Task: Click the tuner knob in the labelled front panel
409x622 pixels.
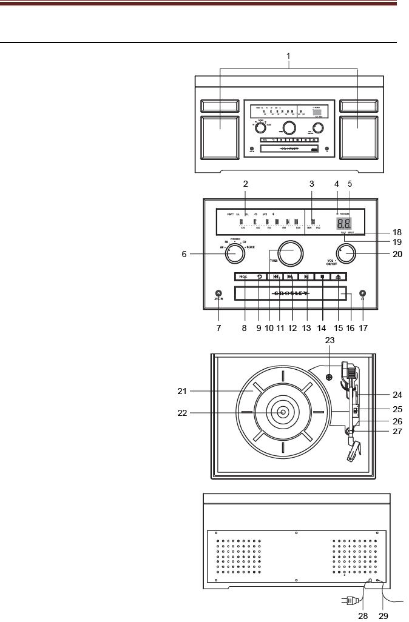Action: (x=289, y=253)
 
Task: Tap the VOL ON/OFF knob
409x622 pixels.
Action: (x=346, y=254)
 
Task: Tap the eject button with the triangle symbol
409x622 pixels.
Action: (x=339, y=277)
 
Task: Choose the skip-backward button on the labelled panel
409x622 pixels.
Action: (x=275, y=277)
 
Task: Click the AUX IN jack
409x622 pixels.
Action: (x=219, y=293)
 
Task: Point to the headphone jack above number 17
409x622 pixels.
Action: (x=362, y=293)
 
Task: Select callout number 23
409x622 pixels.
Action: (x=330, y=341)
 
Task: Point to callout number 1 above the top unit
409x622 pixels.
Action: (x=289, y=56)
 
